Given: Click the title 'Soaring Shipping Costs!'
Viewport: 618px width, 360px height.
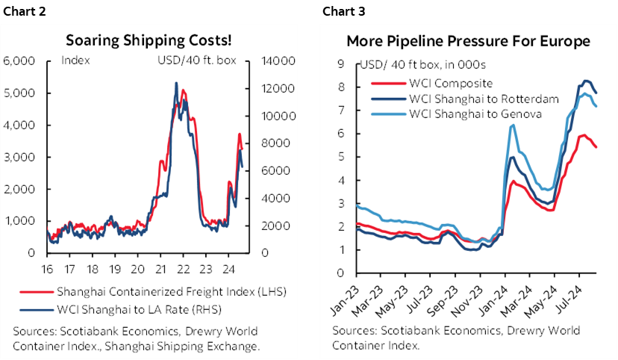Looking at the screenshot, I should [x=149, y=40].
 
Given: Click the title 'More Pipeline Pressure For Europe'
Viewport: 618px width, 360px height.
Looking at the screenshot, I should [x=468, y=40].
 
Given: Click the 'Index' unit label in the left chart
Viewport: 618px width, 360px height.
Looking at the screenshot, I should [x=75, y=60].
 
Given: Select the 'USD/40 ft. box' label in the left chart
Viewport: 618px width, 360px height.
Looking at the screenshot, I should [x=205, y=60].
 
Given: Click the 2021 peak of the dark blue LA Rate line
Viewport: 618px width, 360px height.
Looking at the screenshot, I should [x=176, y=83].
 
